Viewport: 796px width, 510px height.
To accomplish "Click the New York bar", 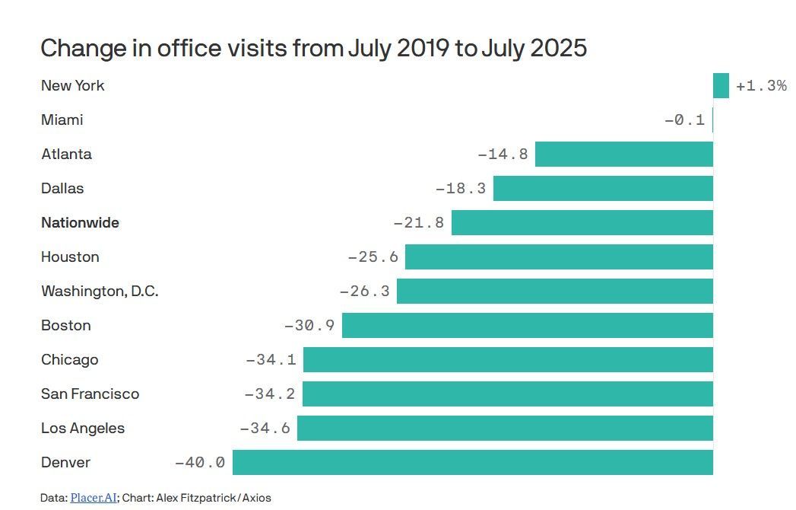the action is pos(721,85).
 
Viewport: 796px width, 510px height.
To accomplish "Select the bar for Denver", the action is pos(473,462).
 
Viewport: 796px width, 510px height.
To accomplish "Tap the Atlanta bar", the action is pos(624,154).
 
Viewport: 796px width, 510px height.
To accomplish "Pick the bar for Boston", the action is pos(528,326).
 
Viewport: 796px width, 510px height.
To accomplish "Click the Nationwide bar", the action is pos(582,223).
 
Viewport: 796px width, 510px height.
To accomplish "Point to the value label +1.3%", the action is pos(761,85).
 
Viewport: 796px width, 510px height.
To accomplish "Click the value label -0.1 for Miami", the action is pos(684,120).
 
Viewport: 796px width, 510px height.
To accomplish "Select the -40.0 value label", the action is pos(199,462).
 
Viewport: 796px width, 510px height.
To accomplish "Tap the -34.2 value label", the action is pos(270,394).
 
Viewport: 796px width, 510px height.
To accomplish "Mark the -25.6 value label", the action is pos(373,257).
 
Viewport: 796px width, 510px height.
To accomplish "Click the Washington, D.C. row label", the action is pos(100,292).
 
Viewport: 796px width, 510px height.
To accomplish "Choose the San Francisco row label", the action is pos(90,394).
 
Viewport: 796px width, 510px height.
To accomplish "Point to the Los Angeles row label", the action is pos(83,428).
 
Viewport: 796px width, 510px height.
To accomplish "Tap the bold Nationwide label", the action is pos(81,223).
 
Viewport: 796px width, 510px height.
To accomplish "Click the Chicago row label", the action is pos(69,360).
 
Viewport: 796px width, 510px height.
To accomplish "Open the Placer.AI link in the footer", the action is pos(94,498).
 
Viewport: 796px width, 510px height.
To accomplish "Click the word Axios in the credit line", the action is pos(256,498).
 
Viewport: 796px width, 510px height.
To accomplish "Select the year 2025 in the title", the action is pos(559,48).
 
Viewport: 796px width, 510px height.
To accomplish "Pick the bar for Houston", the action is pos(559,257).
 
